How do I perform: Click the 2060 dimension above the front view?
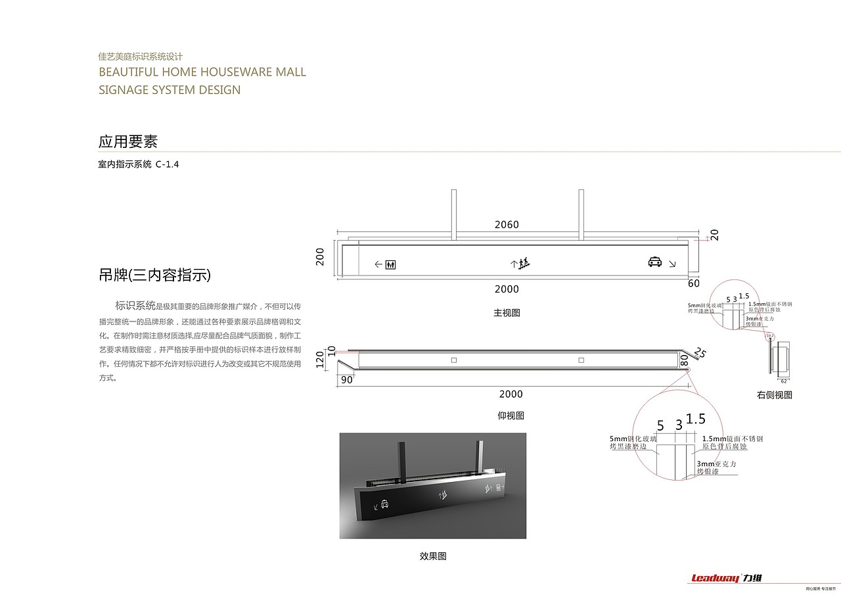click(x=507, y=225)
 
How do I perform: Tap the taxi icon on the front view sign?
click(x=655, y=262)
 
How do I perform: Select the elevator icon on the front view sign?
click(x=391, y=264)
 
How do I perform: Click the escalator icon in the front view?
click(x=524, y=264)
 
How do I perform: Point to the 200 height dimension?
click(x=321, y=256)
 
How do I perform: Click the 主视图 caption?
click(x=507, y=313)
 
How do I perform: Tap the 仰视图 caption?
click(x=511, y=416)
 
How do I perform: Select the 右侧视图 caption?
click(x=774, y=395)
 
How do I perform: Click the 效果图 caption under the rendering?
click(x=433, y=556)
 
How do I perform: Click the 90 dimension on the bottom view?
click(x=347, y=379)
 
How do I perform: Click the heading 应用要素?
click(x=128, y=141)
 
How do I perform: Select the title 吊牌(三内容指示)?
click(x=154, y=275)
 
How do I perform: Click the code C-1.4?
click(x=168, y=164)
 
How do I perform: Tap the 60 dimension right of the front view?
click(x=694, y=283)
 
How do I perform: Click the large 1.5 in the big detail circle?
click(x=695, y=419)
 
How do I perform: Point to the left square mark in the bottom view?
click(x=453, y=360)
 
